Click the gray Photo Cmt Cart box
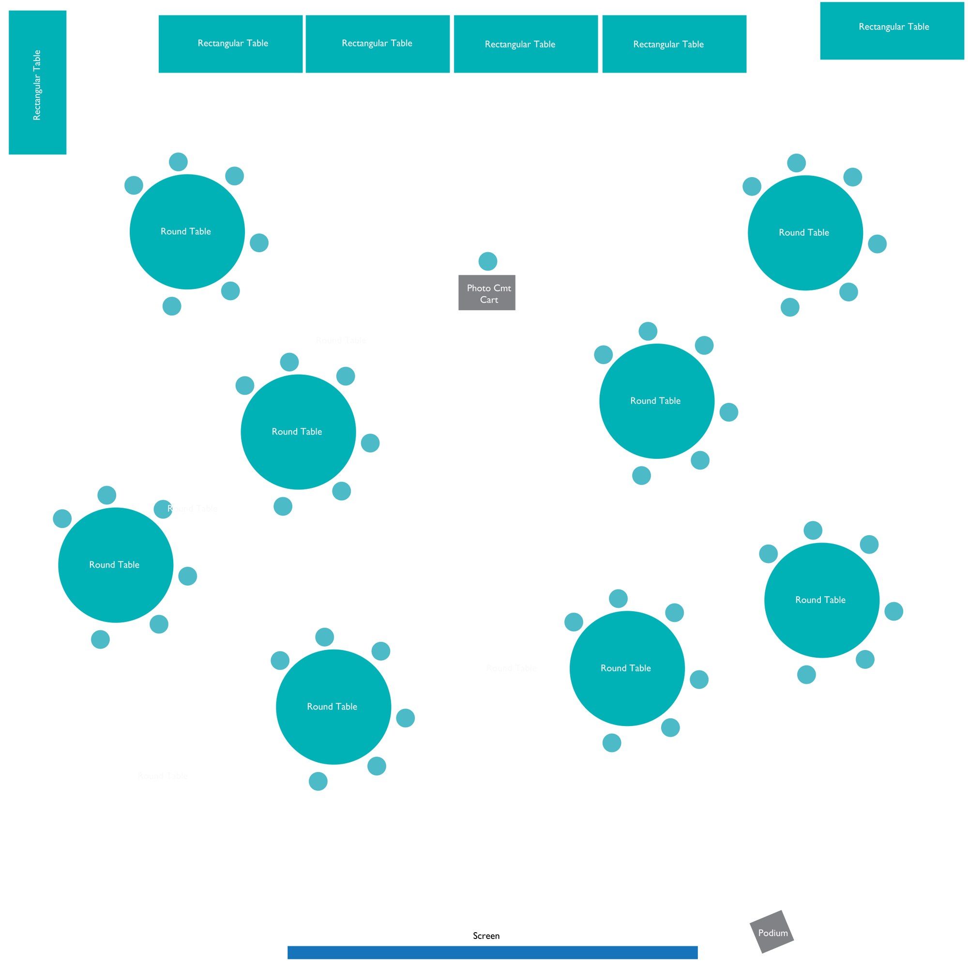[x=486, y=293]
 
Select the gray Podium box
[x=771, y=931]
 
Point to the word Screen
[x=486, y=936]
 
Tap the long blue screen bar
[x=492, y=952]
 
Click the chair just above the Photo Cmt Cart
[x=487, y=261]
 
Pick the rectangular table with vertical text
[x=38, y=83]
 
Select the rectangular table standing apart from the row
[x=892, y=30]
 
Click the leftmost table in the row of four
[x=230, y=44]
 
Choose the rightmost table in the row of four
[x=674, y=44]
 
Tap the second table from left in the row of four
[x=378, y=44]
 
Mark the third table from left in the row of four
[x=526, y=44]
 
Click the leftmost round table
[x=116, y=565]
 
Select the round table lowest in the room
[x=333, y=707]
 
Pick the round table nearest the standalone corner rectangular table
[x=805, y=233]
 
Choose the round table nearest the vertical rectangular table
[x=187, y=232]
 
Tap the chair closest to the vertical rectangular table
[x=134, y=185]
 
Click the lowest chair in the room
[x=318, y=781]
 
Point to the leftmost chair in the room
[x=62, y=518]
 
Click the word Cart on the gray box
[x=488, y=300]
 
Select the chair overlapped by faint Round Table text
[x=163, y=509]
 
